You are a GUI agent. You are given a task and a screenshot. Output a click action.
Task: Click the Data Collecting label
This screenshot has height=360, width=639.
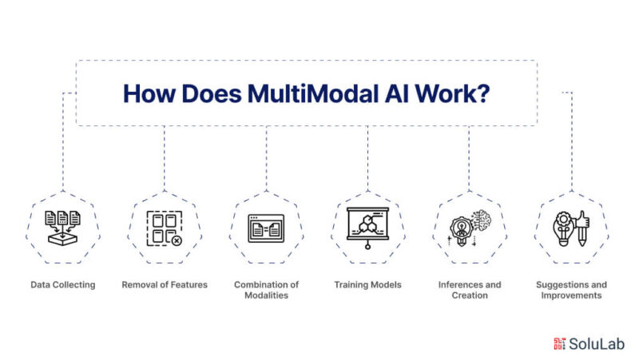click(x=63, y=284)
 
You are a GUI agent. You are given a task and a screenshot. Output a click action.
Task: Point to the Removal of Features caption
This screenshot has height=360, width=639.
click(x=165, y=284)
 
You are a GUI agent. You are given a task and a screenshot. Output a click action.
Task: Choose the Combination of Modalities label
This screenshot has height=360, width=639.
click(x=266, y=290)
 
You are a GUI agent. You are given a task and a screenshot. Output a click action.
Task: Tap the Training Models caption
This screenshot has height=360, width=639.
click(x=367, y=284)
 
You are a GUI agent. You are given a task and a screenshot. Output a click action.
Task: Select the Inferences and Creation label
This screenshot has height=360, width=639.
click(x=470, y=290)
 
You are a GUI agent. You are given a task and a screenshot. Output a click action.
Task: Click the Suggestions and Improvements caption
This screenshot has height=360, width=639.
click(x=571, y=290)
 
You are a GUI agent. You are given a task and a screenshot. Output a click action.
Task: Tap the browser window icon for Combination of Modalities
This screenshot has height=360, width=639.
click(x=266, y=229)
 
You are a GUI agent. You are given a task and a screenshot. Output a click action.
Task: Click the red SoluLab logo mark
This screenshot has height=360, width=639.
click(x=559, y=344)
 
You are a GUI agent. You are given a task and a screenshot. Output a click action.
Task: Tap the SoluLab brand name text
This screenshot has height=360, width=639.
click(x=595, y=344)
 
